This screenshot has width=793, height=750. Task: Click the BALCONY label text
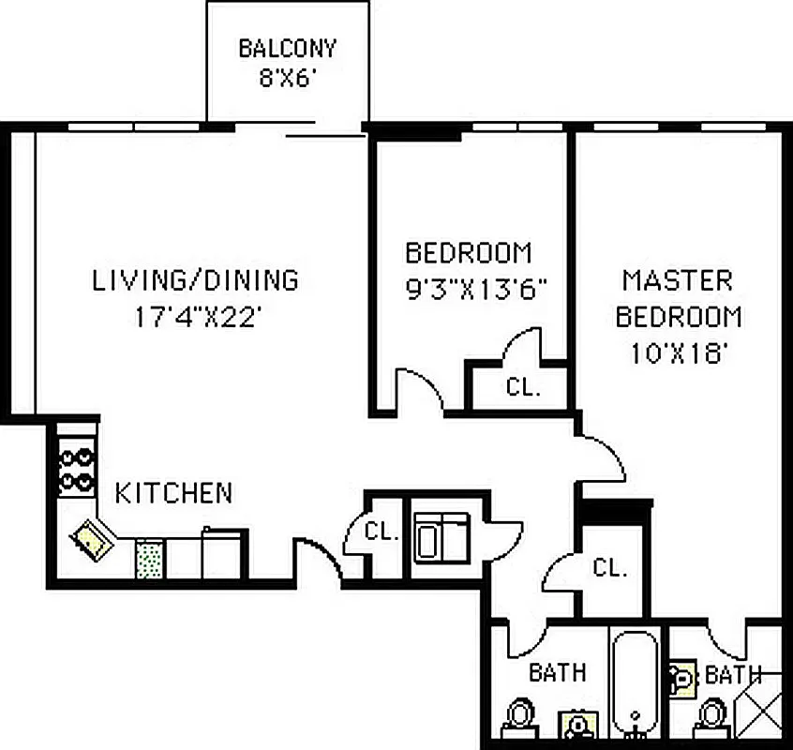[287, 48]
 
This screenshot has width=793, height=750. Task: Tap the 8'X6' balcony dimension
[287, 77]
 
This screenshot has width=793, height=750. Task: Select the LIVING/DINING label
[195, 279]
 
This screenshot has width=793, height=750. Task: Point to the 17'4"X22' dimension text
[195, 317]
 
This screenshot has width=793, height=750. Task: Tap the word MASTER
[678, 279]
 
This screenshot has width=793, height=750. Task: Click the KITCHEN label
[173, 492]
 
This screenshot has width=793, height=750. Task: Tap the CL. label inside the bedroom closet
[523, 386]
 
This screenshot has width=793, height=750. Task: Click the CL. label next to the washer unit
[382, 532]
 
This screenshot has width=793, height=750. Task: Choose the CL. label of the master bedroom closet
[609, 567]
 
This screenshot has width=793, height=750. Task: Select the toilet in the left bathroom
[518, 717]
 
